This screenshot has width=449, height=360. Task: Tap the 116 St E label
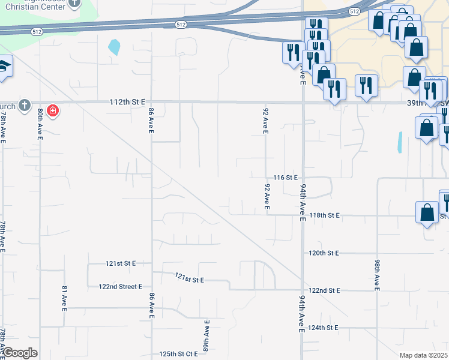tap(285, 178)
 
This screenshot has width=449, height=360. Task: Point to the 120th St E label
tap(324, 253)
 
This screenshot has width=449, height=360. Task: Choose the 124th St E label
tap(324, 328)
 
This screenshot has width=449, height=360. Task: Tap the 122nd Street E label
tap(120, 287)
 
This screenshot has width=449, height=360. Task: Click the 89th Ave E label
tap(206, 336)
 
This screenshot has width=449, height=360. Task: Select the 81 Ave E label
tap(64, 298)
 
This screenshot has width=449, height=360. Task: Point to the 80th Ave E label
tap(40, 124)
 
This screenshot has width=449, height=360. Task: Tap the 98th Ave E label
tap(377, 275)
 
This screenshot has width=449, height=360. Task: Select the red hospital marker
tap(53, 111)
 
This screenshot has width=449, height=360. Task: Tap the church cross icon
tap(24, 106)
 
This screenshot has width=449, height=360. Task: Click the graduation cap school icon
tap(5, 65)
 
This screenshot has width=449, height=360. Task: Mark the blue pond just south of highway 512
tap(113, 47)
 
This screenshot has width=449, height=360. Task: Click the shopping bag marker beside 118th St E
tap(426, 212)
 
